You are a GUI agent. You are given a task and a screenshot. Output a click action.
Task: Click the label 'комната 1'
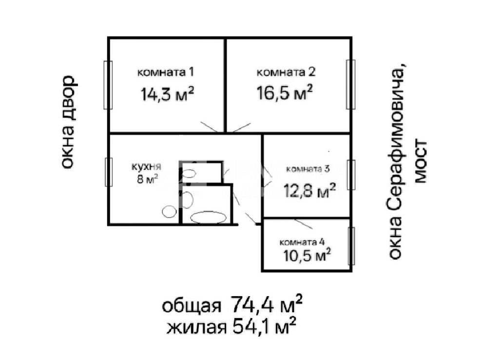click(x=166, y=72)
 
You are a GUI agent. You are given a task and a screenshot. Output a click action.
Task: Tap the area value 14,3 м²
click(x=167, y=94)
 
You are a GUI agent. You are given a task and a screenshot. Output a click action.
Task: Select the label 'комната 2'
click(x=286, y=72)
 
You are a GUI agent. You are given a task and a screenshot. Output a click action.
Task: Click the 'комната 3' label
click(x=308, y=169)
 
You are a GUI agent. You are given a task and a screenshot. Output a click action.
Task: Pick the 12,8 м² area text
click(x=309, y=190)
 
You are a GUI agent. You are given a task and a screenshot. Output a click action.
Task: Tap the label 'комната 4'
click(x=302, y=242)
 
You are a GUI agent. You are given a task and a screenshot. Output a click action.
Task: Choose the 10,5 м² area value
click(x=307, y=255)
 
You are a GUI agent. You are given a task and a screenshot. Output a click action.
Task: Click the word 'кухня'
click(x=146, y=167)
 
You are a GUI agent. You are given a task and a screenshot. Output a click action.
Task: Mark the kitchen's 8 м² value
click(x=147, y=179)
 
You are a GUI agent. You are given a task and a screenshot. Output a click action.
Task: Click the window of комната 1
click(x=108, y=85)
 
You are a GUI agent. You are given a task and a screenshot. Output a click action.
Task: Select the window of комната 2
click(x=351, y=84)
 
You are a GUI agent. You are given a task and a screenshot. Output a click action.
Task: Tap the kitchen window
click(x=109, y=172)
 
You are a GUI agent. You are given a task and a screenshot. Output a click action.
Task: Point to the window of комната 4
click(x=351, y=246)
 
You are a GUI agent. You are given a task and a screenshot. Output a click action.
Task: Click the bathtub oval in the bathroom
click(x=209, y=218)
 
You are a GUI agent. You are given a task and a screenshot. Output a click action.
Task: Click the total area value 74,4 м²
click(x=266, y=304)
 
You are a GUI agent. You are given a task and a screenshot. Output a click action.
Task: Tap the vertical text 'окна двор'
click(x=68, y=122)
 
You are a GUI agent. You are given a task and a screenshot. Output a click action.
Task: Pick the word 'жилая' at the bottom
click(x=196, y=327)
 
